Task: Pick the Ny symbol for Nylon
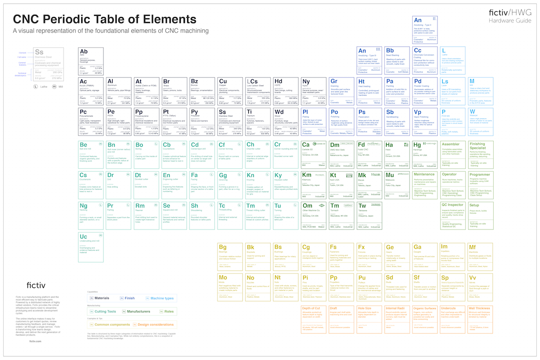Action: [306, 81]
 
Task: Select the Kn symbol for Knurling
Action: [251, 175]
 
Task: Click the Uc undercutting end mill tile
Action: [91, 247]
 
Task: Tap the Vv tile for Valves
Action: [472, 278]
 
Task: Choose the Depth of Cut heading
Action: [311, 308]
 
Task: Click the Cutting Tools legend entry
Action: [105, 311]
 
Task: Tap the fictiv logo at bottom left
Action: [36, 284]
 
